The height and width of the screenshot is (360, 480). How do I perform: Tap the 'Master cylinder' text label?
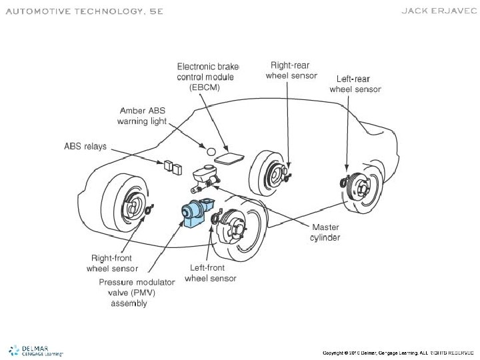[x=326, y=232]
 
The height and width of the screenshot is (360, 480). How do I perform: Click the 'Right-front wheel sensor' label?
[x=113, y=263]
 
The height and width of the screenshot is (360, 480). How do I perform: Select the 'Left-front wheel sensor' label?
[x=210, y=273]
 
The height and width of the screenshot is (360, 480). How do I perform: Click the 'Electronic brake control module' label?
[x=207, y=76]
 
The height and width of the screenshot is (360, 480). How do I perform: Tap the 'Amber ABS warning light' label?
[x=142, y=116]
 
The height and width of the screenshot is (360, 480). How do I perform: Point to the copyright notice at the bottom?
[x=398, y=352]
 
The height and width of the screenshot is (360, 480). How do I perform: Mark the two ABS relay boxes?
[x=173, y=167]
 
